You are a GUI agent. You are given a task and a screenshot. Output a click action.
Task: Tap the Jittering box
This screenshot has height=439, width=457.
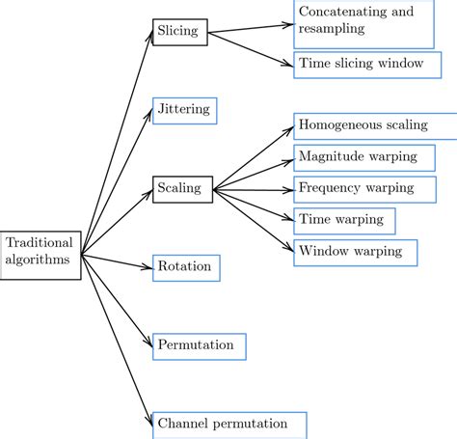184,110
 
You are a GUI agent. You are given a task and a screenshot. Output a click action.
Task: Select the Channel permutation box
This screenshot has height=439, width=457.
229,424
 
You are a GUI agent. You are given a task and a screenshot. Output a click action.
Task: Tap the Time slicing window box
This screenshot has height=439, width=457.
361,64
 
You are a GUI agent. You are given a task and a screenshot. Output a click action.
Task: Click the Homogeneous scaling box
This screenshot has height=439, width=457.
367,126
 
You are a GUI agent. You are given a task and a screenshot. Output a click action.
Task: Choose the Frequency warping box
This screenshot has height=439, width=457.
357,188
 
